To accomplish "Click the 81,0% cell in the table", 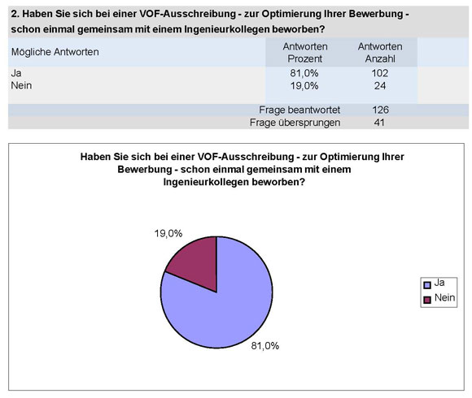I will (305, 73).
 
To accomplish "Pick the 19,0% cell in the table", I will (305, 85).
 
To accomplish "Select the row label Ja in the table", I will (16, 73).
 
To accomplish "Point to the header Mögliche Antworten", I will (55, 52).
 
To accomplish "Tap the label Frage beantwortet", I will (299, 110).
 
